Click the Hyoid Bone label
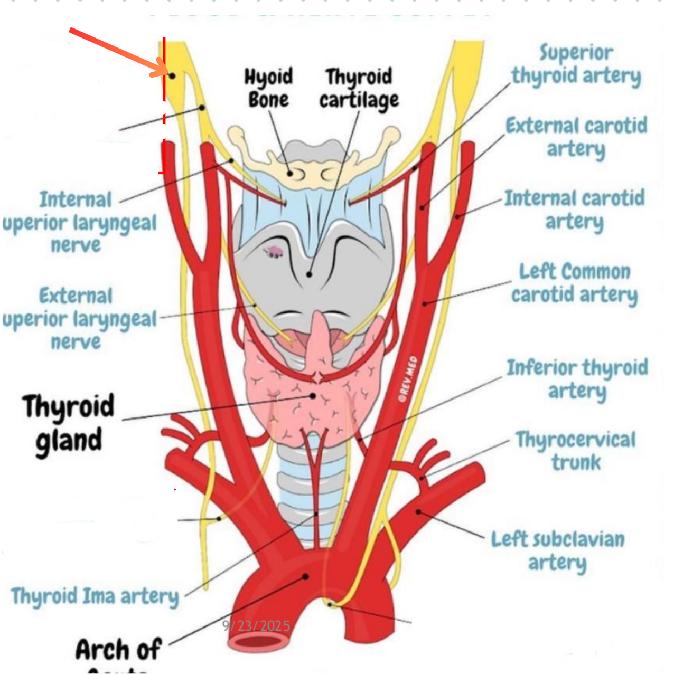coord(268,88)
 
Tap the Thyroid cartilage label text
coord(359,88)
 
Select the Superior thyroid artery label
coord(576,64)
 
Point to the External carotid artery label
coord(576,137)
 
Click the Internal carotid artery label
coord(575,210)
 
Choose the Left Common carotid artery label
coord(575,283)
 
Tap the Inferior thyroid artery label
coord(577,379)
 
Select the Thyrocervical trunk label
coord(576,451)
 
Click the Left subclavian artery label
coord(558,550)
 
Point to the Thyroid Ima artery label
coord(95,596)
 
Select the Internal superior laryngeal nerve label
coord(79,222)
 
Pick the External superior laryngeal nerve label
coord(79,318)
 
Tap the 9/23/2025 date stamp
coord(256,626)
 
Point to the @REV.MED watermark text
coord(408,379)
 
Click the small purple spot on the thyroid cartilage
coord(274,252)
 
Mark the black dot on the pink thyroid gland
coord(313,395)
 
